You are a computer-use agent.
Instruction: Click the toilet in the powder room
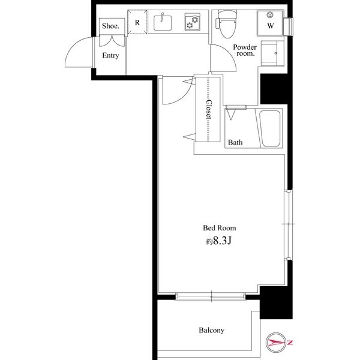[x=226, y=24]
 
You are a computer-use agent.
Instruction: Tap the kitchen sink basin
[x=163, y=23]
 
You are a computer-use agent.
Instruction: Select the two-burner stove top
[x=193, y=22]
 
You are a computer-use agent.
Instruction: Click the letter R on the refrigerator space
[x=137, y=23]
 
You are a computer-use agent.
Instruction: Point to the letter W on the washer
[x=271, y=26]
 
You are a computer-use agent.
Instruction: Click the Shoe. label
[x=110, y=26]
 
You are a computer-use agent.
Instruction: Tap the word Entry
[x=110, y=55]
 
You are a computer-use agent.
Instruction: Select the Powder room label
[x=245, y=50]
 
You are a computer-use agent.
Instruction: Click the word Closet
[x=208, y=109]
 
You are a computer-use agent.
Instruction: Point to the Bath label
[x=235, y=142]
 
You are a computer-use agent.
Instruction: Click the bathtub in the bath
[x=270, y=128]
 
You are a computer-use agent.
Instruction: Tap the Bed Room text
[x=220, y=228]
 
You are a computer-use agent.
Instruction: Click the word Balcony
[x=211, y=330]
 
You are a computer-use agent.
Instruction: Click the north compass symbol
[x=276, y=343]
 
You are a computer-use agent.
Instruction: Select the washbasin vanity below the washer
[x=272, y=53]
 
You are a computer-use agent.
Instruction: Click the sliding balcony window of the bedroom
[x=211, y=296]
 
